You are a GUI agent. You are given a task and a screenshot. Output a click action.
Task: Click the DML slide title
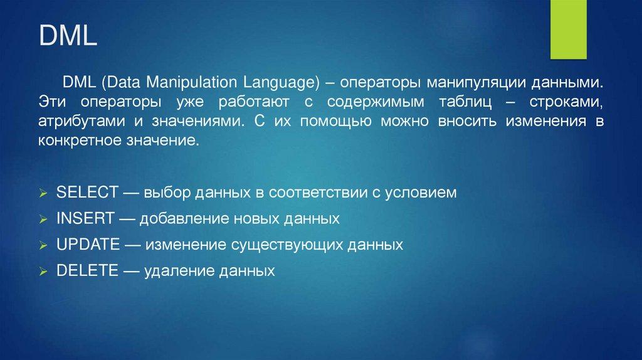point(68,35)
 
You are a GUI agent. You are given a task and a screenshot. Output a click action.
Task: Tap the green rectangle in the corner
point(568,29)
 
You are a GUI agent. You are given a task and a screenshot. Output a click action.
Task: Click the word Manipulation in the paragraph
point(192,83)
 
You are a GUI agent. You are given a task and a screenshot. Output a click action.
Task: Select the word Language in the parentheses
point(281,83)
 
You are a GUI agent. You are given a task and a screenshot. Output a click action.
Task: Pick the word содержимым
point(376,102)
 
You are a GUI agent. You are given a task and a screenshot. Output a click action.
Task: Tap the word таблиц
point(465,102)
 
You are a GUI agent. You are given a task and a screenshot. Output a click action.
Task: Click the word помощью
point(335,122)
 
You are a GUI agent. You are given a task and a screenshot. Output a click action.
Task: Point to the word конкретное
point(80,141)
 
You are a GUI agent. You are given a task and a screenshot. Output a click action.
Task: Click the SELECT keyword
point(87,192)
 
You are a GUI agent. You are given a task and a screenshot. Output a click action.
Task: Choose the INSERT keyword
point(85,218)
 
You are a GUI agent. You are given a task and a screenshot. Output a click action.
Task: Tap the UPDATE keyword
point(88,245)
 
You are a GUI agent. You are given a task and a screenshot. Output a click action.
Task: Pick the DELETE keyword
point(87,271)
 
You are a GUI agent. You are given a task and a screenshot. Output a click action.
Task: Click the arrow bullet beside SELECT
point(43,193)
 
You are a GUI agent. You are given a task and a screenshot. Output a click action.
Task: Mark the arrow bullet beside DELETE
point(43,272)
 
